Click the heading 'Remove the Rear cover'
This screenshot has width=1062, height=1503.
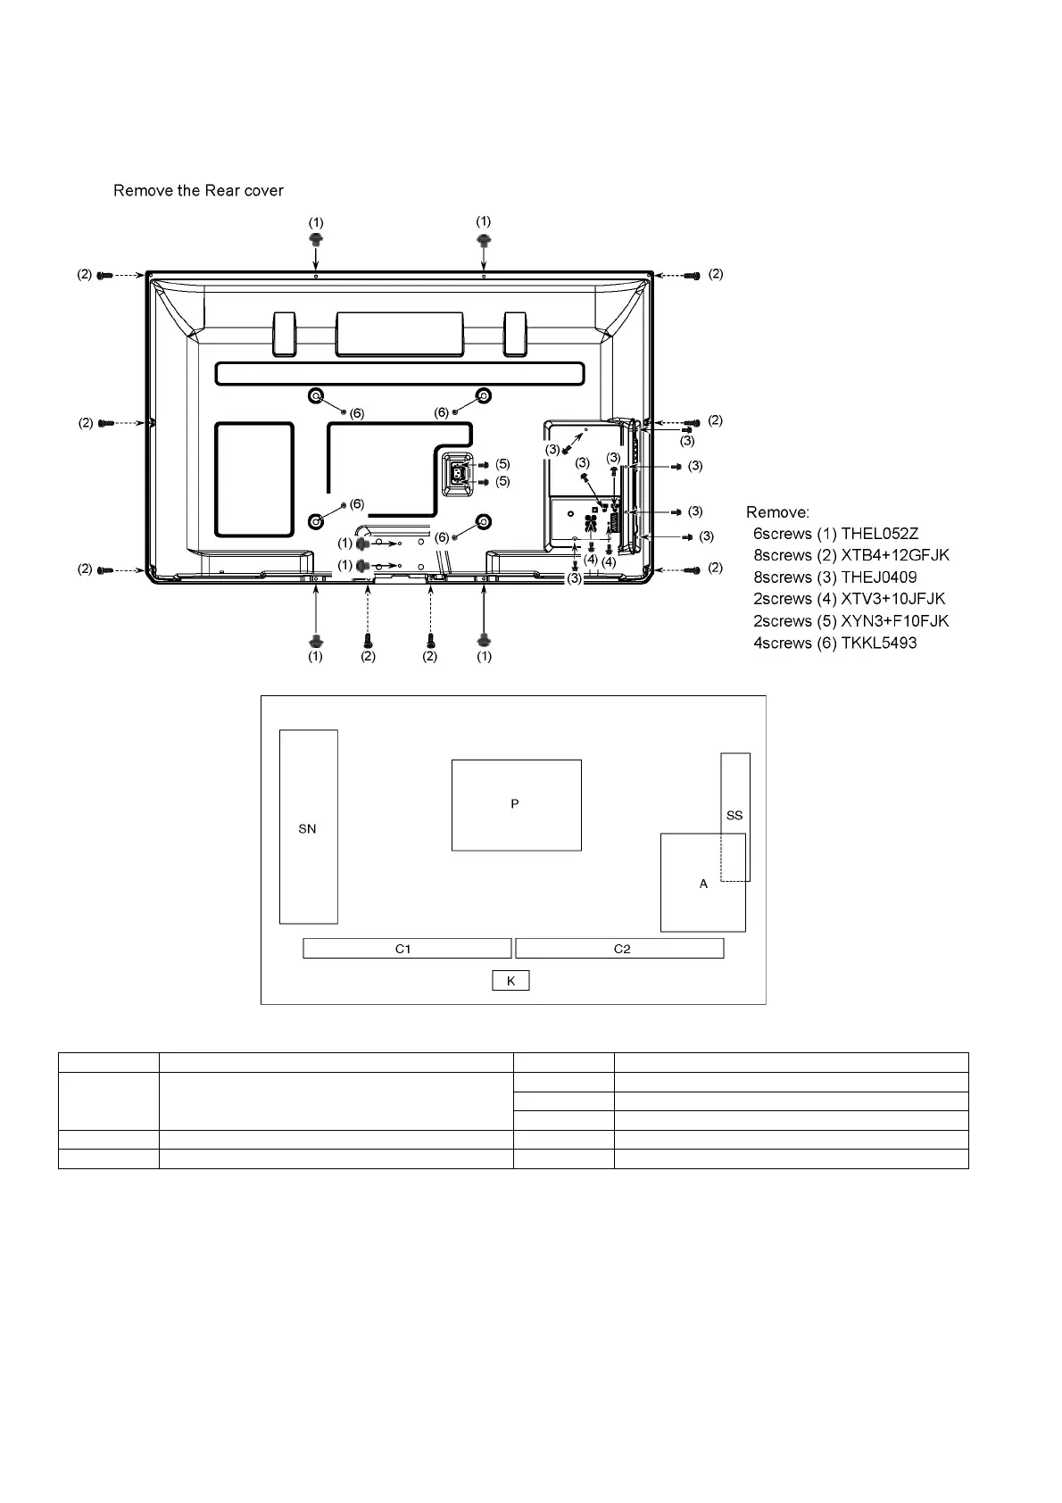coord(198,190)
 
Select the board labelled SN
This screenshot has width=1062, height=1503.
coord(308,827)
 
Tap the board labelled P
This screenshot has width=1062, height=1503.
coord(516,805)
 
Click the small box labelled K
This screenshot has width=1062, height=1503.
coord(510,981)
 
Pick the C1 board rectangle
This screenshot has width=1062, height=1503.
coord(407,949)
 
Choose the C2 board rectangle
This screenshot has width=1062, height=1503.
coord(619,949)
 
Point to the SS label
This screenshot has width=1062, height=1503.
coord(734,815)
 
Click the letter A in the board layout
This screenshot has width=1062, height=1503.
coord(703,884)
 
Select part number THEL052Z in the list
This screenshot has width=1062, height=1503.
coord(879,534)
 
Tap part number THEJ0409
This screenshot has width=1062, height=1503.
coord(878,577)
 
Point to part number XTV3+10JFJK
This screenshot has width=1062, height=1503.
coord(892,599)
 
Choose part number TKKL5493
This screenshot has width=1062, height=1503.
coord(878,643)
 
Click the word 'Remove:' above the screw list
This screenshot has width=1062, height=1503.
coord(777,512)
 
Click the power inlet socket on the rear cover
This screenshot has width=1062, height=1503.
coord(458,472)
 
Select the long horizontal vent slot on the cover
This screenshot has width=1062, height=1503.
coord(400,373)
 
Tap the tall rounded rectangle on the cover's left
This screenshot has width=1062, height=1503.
coord(254,480)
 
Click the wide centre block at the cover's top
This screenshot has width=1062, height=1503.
coord(400,334)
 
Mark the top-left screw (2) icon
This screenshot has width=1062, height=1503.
coord(104,275)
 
